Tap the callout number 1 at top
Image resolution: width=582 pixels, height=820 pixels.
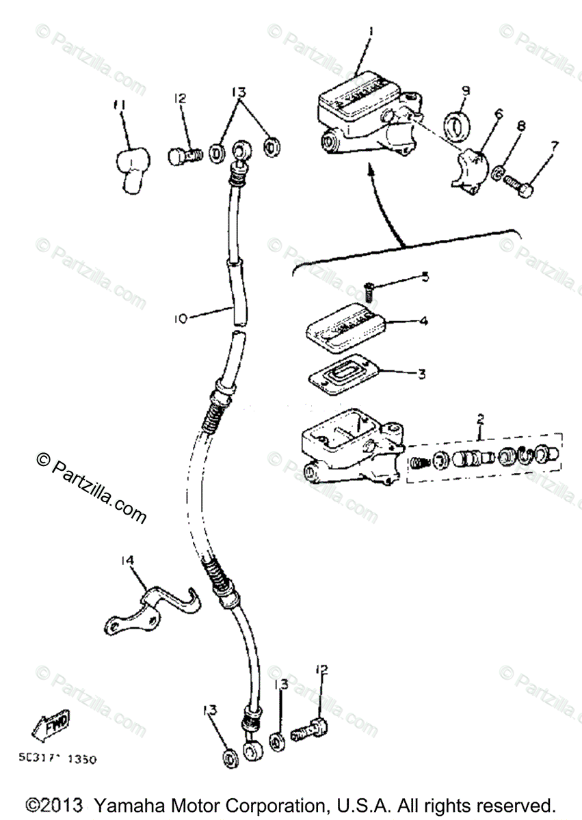tap(369, 32)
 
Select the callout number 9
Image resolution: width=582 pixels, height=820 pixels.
tap(466, 90)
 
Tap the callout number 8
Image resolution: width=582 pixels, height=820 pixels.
tap(522, 126)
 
